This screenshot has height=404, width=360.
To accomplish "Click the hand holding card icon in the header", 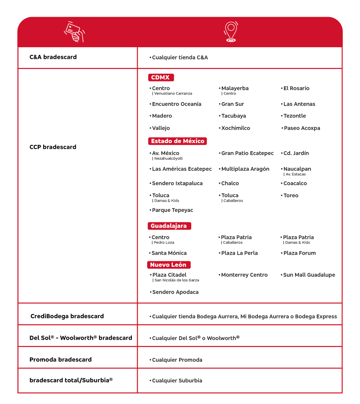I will tap(75, 32).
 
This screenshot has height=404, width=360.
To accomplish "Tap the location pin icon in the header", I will tap(230, 32).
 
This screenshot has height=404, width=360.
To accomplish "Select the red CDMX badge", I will tap(161, 77).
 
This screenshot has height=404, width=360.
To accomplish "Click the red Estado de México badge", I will tap(177, 141).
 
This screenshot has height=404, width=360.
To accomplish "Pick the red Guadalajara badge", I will tap(169, 226).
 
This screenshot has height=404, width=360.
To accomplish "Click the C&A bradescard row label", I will tap(53, 57).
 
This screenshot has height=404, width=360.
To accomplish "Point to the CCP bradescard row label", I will tap(53, 147).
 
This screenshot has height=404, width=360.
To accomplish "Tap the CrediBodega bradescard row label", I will tap(67, 316).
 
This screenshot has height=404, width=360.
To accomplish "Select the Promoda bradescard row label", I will tap(60, 359).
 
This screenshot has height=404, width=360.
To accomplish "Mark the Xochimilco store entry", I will tap(235, 128).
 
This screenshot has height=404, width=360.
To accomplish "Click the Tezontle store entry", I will tap(294, 116).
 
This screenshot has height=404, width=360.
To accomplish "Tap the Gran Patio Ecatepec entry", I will tap(247, 153).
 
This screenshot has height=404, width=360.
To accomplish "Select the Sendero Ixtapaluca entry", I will tap(177, 184).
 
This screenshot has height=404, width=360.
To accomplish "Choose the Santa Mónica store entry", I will tap(169, 253).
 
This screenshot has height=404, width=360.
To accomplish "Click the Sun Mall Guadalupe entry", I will tap(309, 275).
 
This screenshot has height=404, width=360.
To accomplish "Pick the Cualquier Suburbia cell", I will tap(177, 381).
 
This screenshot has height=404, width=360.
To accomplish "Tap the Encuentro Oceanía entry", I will tap(176, 104).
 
